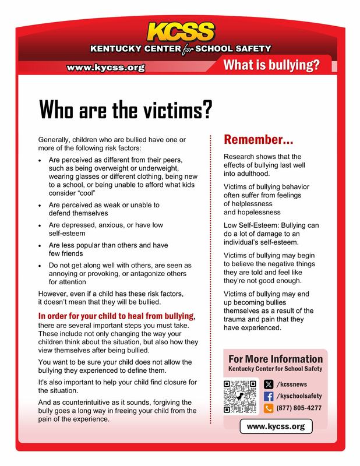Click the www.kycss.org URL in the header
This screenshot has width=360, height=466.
[x=105, y=68]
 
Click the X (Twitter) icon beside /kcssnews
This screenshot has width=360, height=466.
[x=269, y=384]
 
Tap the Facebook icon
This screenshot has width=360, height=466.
[x=269, y=397]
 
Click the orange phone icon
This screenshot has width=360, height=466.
[x=269, y=409]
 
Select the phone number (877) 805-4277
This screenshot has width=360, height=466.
[x=299, y=409]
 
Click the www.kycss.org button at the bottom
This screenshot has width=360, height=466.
[x=276, y=427]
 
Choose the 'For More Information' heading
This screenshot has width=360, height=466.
[x=276, y=359]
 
